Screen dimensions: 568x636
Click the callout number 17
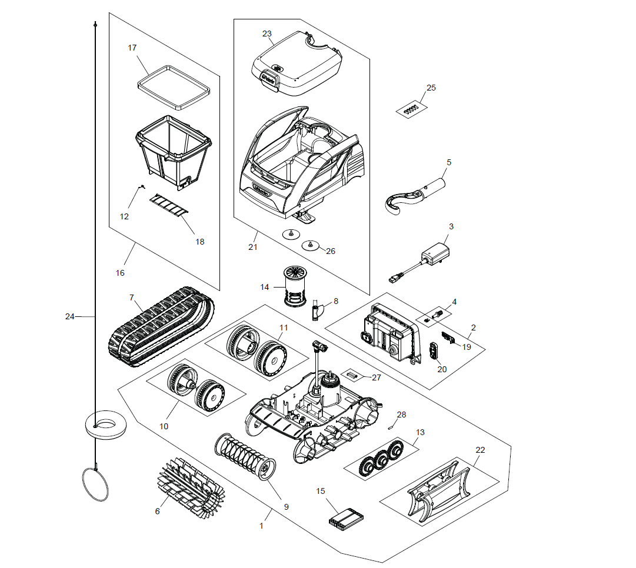(132, 48)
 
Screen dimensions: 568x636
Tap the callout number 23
(267, 34)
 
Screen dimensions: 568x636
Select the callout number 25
(431, 88)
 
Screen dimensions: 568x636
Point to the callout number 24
(70, 316)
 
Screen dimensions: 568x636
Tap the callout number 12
(124, 216)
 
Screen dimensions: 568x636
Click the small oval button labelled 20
(434, 350)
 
